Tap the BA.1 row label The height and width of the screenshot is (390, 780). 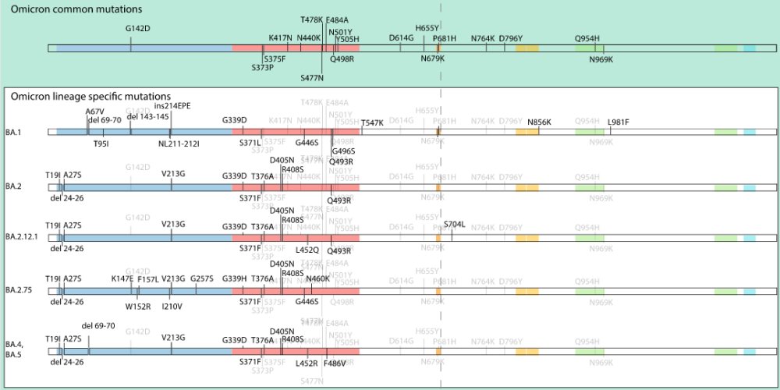tap(13, 132)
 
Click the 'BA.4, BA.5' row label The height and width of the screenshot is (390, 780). tap(14, 346)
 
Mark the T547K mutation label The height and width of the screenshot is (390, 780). tap(372, 122)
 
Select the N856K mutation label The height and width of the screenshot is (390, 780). tap(539, 122)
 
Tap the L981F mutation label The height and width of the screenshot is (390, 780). tap(618, 122)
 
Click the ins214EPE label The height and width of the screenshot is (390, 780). tap(172, 105)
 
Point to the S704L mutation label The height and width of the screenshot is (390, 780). tap(454, 224)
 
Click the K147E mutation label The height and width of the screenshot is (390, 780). tap(122, 278)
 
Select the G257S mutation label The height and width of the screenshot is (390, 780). tap(201, 278)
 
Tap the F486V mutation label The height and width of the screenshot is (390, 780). tap(335, 363)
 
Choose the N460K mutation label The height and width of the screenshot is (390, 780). tap(318, 278)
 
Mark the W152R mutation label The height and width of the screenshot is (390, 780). tap(137, 307)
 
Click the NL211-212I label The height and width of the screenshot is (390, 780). tap(179, 144)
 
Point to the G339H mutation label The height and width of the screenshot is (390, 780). tap(234, 278)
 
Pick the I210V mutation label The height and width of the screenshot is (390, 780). tap(172, 307)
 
